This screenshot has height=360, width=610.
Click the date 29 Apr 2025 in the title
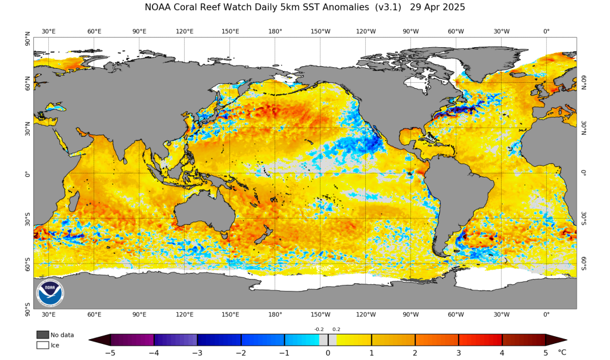(437, 8)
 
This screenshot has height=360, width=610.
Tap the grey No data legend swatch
(42, 335)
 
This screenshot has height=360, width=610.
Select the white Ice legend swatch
(42, 345)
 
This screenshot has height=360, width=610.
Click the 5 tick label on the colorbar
(545, 352)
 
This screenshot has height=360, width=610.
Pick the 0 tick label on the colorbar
(328, 352)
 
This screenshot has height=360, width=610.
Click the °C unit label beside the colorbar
(562, 352)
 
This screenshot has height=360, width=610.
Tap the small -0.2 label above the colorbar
(319, 329)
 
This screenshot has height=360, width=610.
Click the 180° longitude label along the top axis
(275, 31)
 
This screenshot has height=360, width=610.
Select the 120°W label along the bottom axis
(365, 315)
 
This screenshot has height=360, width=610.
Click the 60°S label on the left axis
(27, 263)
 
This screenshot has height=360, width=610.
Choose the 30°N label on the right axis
(584, 129)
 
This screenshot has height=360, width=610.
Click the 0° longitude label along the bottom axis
(546, 315)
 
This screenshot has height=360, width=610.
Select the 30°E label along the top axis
(48, 31)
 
